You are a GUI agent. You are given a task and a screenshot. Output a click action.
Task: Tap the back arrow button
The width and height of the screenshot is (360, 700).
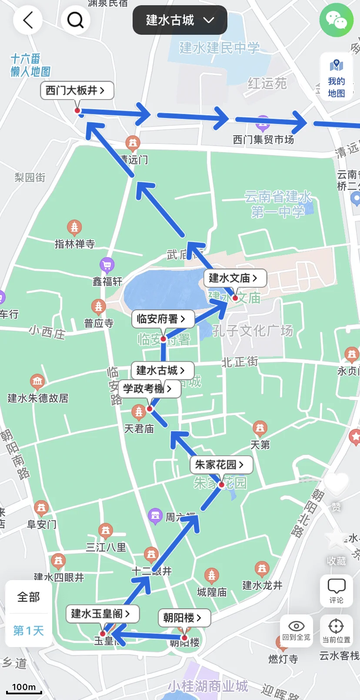click(x=28, y=20)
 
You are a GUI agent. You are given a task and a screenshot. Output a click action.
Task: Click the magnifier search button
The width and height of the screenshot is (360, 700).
click(x=75, y=20)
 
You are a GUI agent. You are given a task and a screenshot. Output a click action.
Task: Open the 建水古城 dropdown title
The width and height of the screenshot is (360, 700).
click(x=180, y=20)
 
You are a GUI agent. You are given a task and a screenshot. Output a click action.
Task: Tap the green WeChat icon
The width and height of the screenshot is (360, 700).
click(x=337, y=20)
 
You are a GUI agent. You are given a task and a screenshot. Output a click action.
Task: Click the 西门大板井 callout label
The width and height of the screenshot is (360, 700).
click(x=77, y=90)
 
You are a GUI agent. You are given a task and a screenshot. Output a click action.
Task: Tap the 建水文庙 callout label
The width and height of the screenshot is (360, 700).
click(x=234, y=278)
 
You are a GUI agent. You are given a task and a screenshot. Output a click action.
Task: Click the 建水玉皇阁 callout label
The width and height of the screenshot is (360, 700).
click(x=102, y=614)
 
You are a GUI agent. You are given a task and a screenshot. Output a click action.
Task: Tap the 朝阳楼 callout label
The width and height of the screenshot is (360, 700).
click(x=183, y=618)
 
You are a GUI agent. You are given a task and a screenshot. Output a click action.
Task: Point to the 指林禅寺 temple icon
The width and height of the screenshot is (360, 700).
click(x=74, y=227)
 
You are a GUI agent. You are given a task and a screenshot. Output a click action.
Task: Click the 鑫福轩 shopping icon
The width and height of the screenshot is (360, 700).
click(x=107, y=264)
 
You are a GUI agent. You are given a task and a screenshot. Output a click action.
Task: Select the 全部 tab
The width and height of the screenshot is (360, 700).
click(x=29, y=597)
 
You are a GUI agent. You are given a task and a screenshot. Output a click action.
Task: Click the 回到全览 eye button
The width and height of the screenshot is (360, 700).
click(x=297, y=630)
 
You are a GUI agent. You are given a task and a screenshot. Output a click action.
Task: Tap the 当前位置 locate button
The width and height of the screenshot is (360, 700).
click(x=336, y=630)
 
